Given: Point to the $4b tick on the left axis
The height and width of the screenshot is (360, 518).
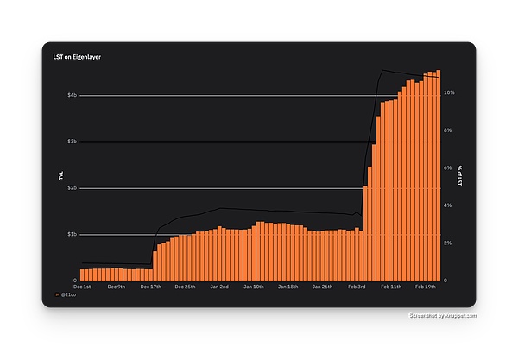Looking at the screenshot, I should [72, 95].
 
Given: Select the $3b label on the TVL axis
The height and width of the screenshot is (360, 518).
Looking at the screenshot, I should [72, 142].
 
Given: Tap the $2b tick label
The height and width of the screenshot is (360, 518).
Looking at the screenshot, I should [72, 187].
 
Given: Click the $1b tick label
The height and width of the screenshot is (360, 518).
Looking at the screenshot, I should [72, 234].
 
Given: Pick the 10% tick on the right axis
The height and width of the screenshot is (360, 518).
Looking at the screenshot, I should [449, 92].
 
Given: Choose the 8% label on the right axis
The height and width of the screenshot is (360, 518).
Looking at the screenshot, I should [447, 129].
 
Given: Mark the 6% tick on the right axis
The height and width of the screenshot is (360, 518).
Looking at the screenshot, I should [447, 167].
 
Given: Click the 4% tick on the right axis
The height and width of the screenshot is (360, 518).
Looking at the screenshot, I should [447, 205].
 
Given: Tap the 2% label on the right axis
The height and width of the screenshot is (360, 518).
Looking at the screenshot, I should [447, 243].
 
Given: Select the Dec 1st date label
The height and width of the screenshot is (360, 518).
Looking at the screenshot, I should [83, 286].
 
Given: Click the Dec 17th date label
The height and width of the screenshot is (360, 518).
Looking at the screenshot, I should [150, 286].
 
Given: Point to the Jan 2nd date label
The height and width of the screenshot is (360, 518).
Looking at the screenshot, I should [218, 286].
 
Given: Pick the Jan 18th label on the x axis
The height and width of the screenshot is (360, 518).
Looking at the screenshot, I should [287, 286].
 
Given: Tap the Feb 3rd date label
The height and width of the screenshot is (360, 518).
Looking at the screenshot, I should [357, 286].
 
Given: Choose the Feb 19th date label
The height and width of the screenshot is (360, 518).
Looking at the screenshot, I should [426, 286].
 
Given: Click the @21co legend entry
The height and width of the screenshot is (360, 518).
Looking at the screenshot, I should [69, 295].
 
